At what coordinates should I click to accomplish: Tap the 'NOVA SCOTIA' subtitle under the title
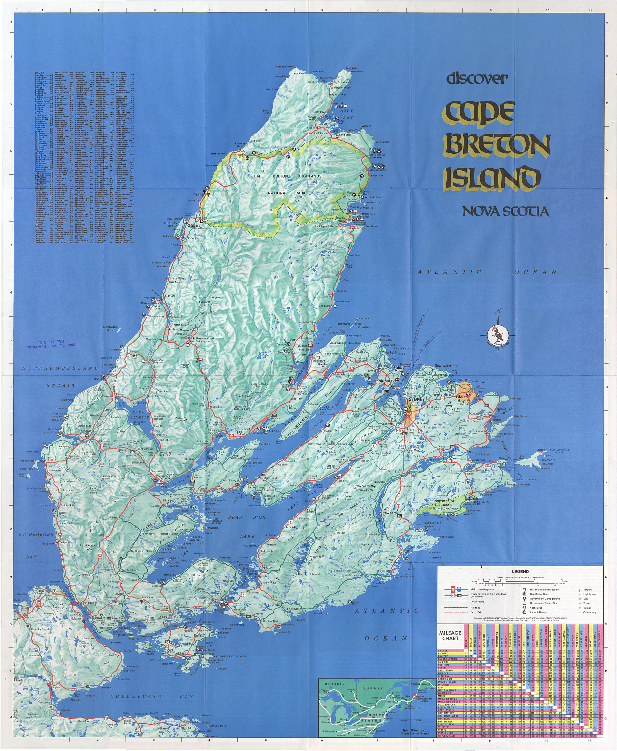pyautogui.click(x=505, y=212)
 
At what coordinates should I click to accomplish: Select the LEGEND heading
pyautogui.click(x=520, y=571)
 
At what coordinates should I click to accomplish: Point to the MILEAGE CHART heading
pyautogui.click(x=450, y=635)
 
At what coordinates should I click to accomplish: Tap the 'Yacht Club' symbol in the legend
pyautogui.click(x=524, y=607)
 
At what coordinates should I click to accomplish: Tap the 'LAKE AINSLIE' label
pyautogui.click(x=139, y=415)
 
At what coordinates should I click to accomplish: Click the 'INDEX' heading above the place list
pyautogui.click(x=40, y=72)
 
